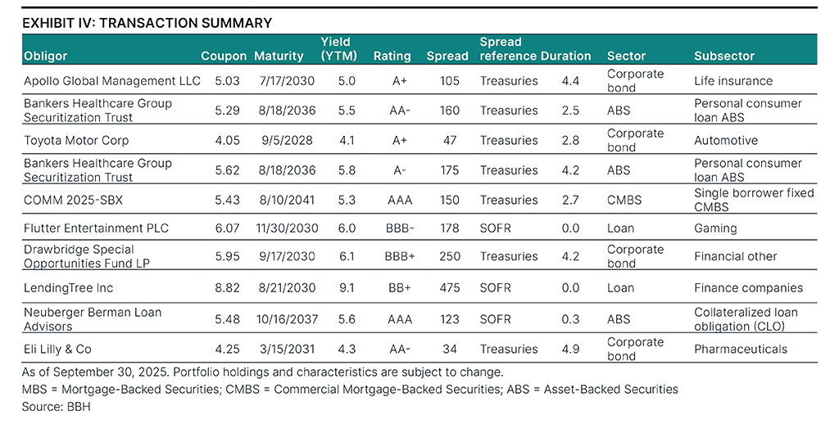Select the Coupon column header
click(224, 56)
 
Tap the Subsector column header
click(724, 56)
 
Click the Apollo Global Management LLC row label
click(112, 81)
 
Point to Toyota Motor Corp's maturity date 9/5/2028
click(281, 140)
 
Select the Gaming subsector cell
click(715, 228)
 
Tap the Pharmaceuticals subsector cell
click(740, 349)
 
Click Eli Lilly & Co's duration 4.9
click(570, 349)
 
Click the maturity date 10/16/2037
click(281, 318)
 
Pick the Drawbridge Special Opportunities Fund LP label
click(99, 256)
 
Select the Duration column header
click(565, 56)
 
